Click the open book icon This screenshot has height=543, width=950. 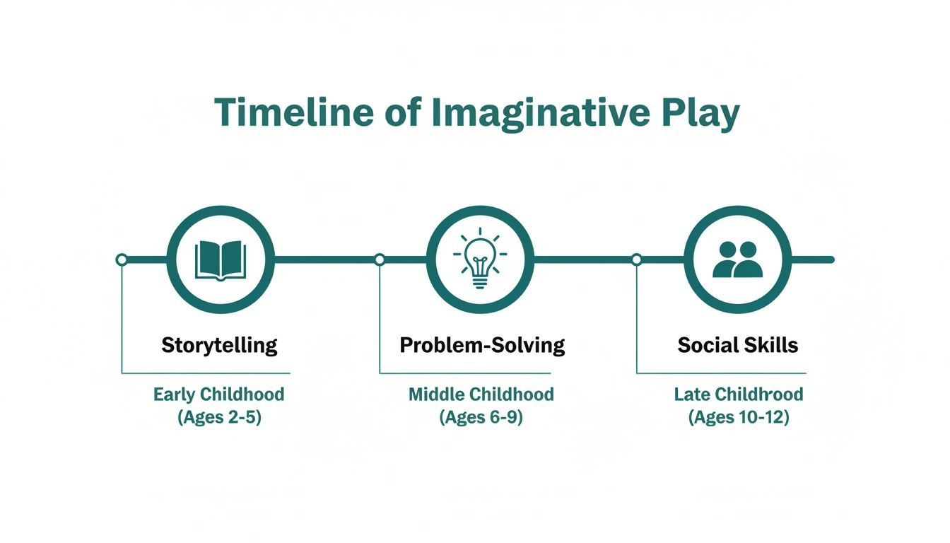(220, 259)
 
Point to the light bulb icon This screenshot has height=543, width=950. (480, 259)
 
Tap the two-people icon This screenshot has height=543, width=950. (738, 259)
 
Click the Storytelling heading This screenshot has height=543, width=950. (219, 346)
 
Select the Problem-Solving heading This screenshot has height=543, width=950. (482, 346)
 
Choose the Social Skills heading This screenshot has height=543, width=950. (738, 346)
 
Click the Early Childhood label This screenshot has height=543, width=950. (219, 395)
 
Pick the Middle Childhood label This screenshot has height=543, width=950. (481, 395)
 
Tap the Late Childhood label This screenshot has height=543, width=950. (739, 395)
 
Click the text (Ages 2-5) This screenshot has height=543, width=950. (219, 417)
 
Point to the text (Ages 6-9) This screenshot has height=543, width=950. (481, 417)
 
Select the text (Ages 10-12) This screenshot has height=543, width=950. (739, 417)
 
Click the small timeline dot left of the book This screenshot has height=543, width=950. (122, 259)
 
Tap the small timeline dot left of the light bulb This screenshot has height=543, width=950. (380, 259)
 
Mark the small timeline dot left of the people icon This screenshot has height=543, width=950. (636, 259)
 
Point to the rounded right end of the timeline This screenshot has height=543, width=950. (831, 259)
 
